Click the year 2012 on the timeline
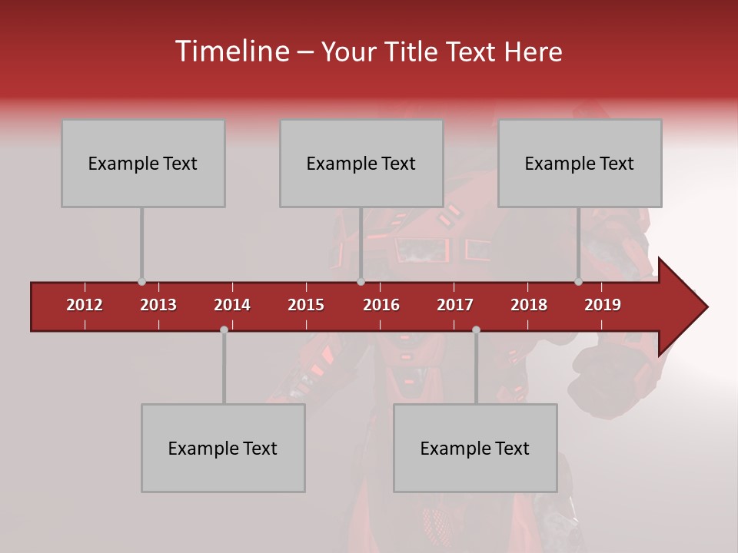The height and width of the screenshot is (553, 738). [85, 305]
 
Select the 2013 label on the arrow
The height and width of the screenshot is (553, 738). [158, 305]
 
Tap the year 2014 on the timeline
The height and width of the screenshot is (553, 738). [232, 305]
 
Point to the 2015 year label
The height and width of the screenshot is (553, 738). [306, 305]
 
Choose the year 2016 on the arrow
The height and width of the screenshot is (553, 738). [381, 305]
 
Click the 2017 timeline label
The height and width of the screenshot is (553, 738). [455, 305]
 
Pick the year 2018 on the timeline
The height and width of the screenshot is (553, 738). [529, 305]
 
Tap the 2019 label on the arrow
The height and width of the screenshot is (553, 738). [603, 305]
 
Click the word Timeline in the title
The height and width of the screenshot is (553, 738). [231, 51]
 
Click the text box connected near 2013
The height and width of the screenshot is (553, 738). [143, 163]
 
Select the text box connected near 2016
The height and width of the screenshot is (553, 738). [361, 163]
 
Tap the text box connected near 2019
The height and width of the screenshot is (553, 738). [580, 163]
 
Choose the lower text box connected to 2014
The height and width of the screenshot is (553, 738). [223, 448]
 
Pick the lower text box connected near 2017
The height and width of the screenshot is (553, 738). [475, 448]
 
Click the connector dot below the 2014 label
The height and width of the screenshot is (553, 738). [224, 329]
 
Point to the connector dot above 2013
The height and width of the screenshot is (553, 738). [141, 282]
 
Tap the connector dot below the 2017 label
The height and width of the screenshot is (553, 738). [476, 329]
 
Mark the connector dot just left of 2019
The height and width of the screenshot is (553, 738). [578, 282]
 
